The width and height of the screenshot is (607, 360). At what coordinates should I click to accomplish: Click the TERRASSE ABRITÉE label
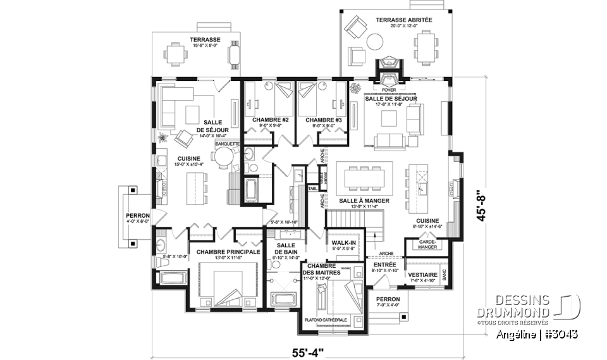pyautogui.click(x=404, y=20)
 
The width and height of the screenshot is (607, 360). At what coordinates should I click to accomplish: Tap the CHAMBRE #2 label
pyautogui.click(x=270, y=120)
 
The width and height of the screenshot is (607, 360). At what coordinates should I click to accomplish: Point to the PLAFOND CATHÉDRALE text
pyautogui.click(x=326, y=320)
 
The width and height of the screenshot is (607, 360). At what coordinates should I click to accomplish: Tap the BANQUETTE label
pyautogui.click(x=228, y=144)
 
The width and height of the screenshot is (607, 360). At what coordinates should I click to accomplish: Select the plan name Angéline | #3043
pyautogui.click(x=537, y=333)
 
